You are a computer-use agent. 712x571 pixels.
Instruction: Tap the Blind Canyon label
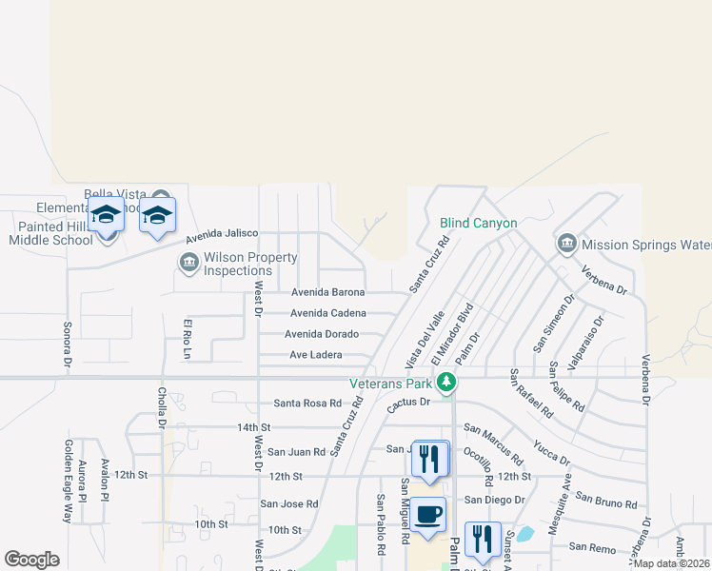(478, 224)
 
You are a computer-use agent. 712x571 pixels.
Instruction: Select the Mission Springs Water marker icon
(566, 244)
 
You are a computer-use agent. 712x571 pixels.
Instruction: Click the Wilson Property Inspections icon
(188, 261)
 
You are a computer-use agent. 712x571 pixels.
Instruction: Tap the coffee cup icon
(427, 515)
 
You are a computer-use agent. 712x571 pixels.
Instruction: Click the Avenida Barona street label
(328, 292)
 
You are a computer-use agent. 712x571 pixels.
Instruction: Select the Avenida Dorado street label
(324, 334)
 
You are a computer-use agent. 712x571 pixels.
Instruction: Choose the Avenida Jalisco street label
(222, 234)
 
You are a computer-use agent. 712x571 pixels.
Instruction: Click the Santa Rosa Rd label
(307, 404)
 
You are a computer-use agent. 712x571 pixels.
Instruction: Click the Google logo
(31, 560)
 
